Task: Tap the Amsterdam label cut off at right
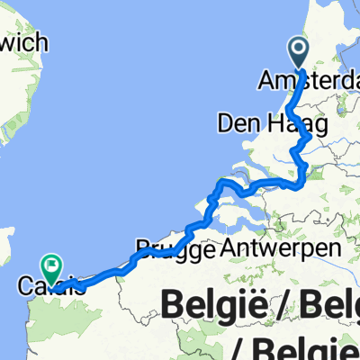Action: pyautogui.click(x=307, y=80)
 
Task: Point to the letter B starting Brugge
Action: pyautogui.click(x=142, y=247)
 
